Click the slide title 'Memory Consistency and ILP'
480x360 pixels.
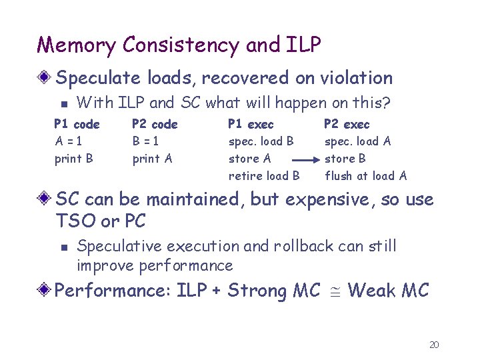pyautogui.click(x=179, y=45)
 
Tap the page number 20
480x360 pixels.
pyautogui.click(x=434, y=345)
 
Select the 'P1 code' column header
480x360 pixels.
pyautogui.click(x=77, y=124)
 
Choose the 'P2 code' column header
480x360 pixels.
pyautogui.click(x=155, y=124)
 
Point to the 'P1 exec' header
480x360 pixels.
pyautogui.click(x=251, y=124)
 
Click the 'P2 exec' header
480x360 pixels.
pyautogui.click(x=346, y=124)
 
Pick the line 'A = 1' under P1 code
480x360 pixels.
pyautogui.click(x=69, y=141)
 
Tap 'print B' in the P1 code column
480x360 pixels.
pyautogui.click(x=73, y=159)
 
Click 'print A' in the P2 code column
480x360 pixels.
pyautogui.click(x=152, y=159)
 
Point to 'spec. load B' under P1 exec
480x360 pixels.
pyautogui.click(x=261, y=141)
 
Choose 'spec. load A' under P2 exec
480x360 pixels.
pyautogui.click(x=357, y=141)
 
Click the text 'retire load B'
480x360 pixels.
pyautogui.click(x=264, y=176)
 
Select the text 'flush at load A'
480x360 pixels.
pyautogui.click(x=365, y=176)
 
